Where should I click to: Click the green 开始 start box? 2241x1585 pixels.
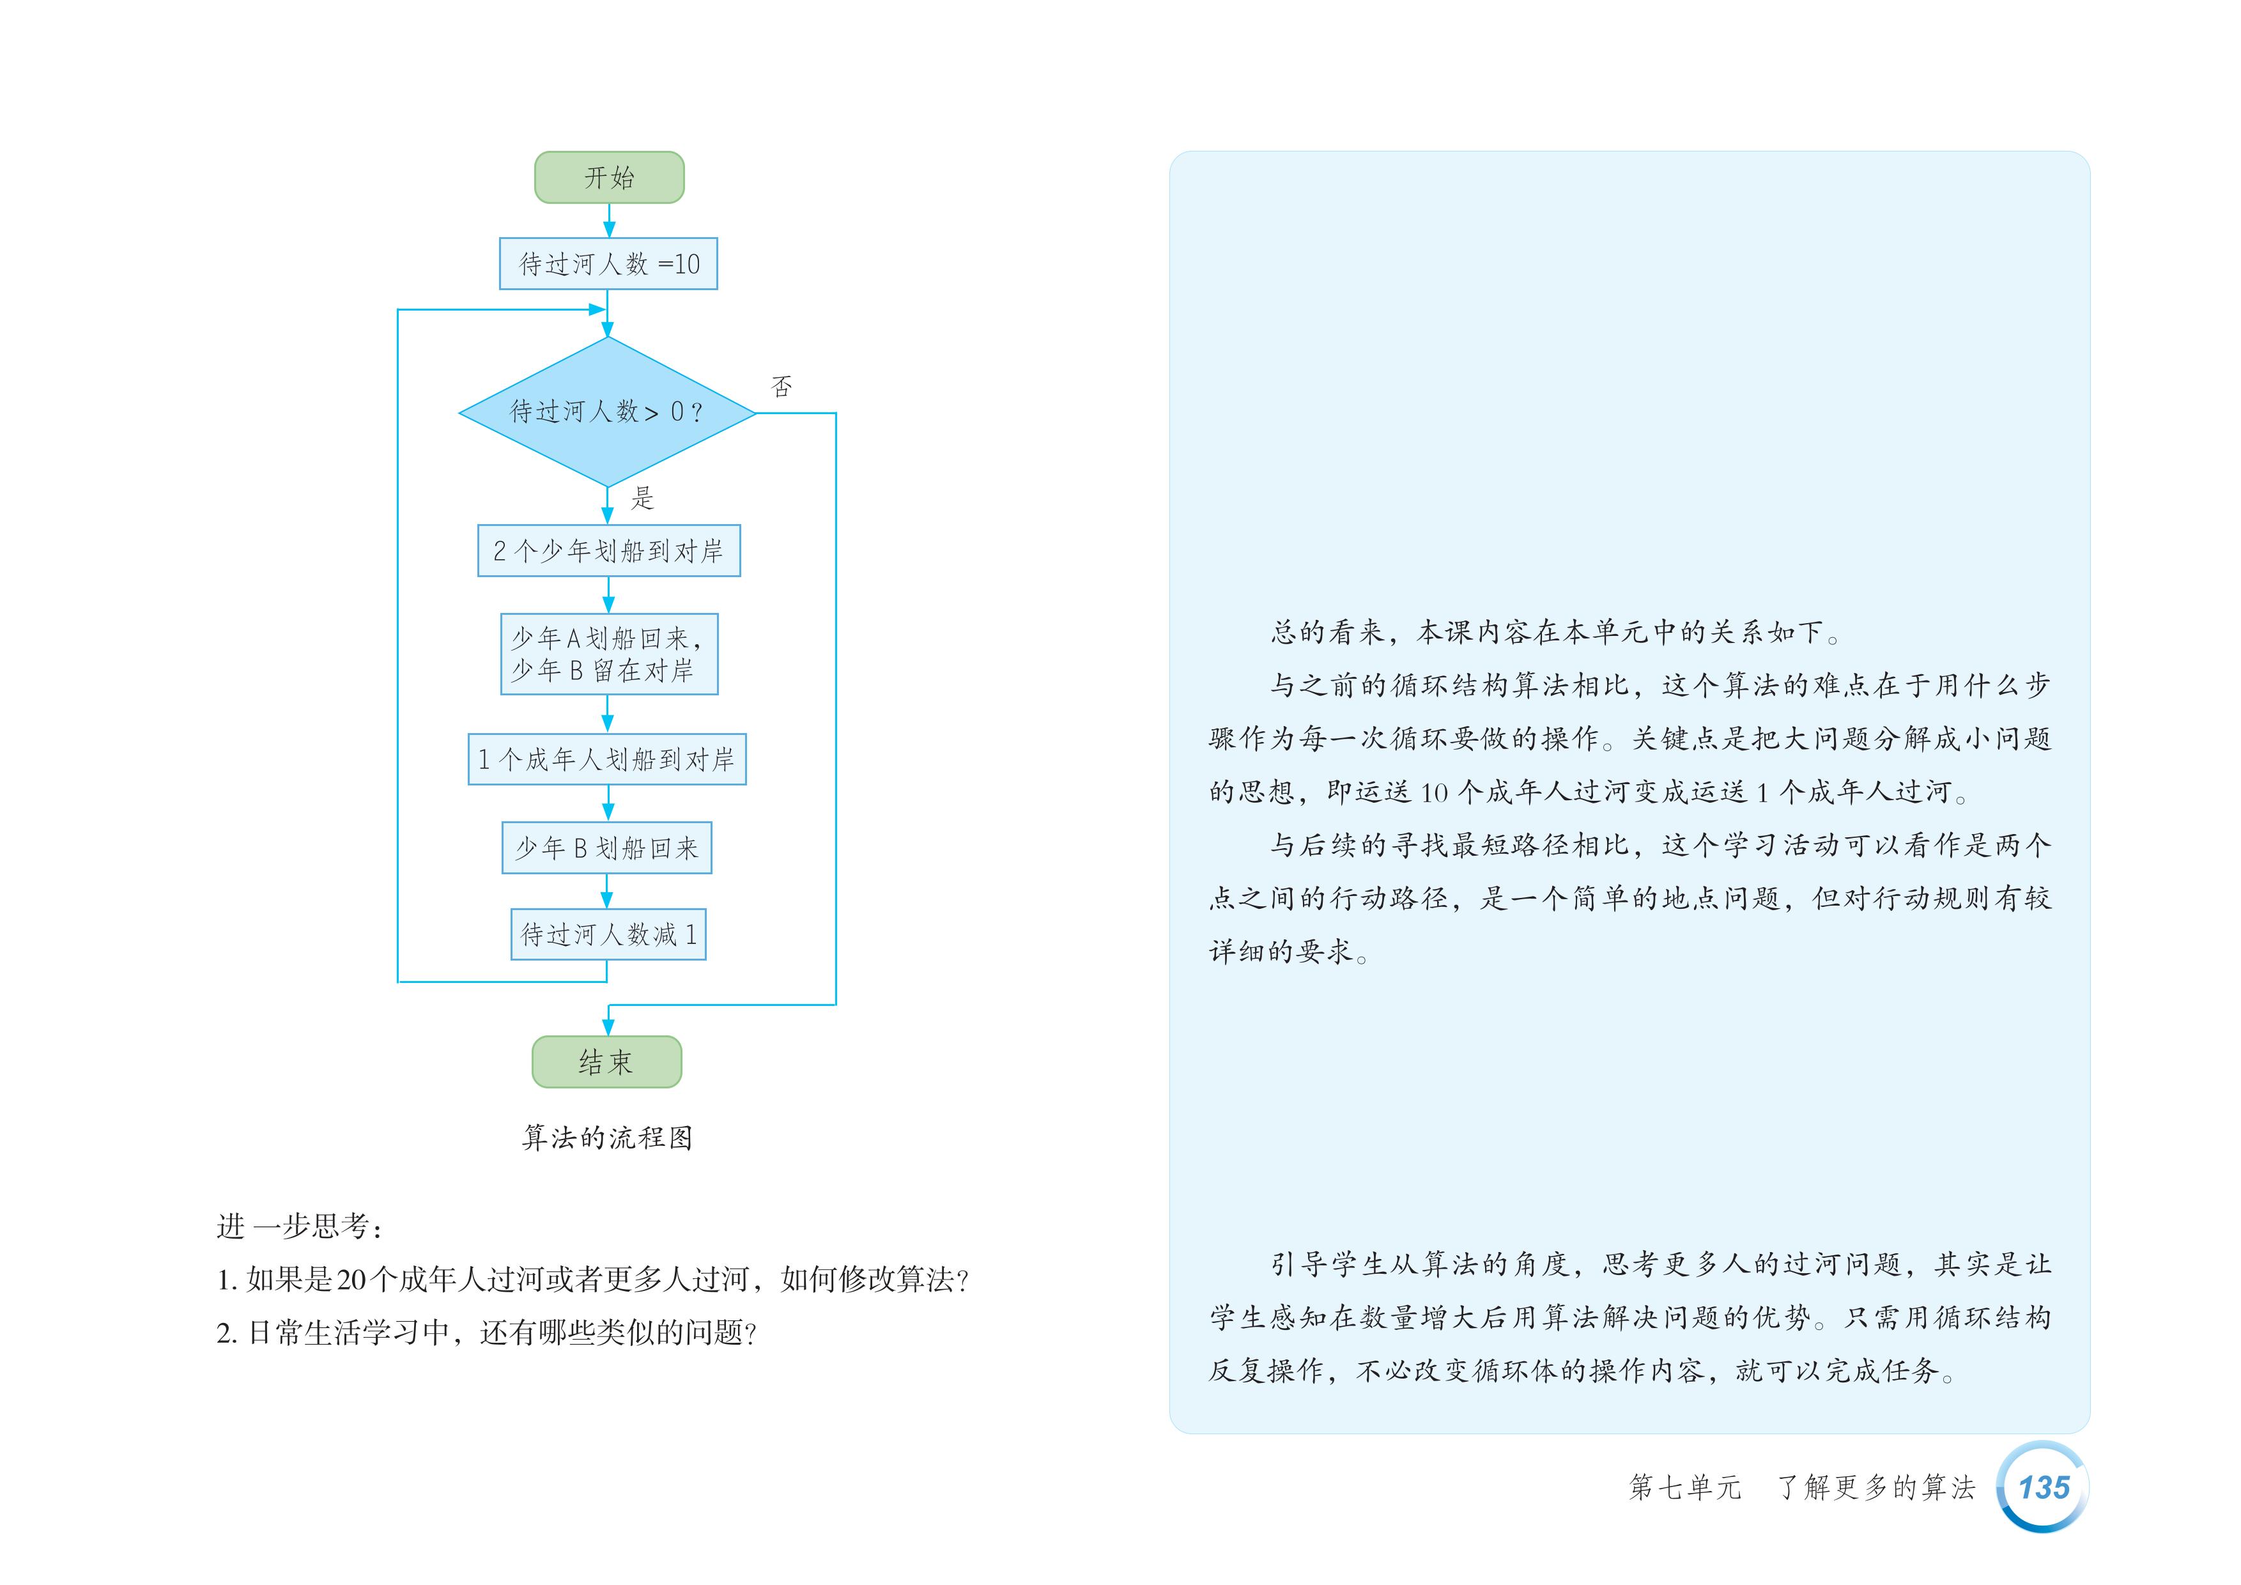pos(609,178)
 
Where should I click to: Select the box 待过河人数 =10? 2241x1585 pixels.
pos(608,263)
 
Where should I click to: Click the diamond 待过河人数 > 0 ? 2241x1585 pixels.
pos(607,412)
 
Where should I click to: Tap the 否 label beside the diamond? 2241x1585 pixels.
pos(781,387)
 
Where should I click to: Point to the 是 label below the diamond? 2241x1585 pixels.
pos(642,498)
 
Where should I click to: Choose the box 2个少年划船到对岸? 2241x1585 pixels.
pos(608,550)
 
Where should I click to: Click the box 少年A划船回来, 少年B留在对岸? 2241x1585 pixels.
pos(608,654)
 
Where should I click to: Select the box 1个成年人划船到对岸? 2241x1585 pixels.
pos(606,759)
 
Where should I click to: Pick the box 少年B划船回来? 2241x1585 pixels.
pos(606,847)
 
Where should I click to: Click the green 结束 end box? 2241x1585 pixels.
pos(606,1062)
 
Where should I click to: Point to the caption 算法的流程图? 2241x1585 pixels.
pos(607,1137)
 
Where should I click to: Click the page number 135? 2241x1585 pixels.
pos(2043,1487)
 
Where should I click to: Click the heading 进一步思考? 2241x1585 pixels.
pos(300,1227)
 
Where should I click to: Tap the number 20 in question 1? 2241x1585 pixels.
pos(350,1280)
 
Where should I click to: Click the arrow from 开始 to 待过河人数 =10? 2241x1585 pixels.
pos(609,220)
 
